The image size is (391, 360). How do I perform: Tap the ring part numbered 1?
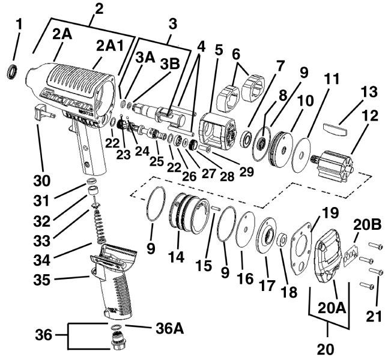(x=11, y=73)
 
